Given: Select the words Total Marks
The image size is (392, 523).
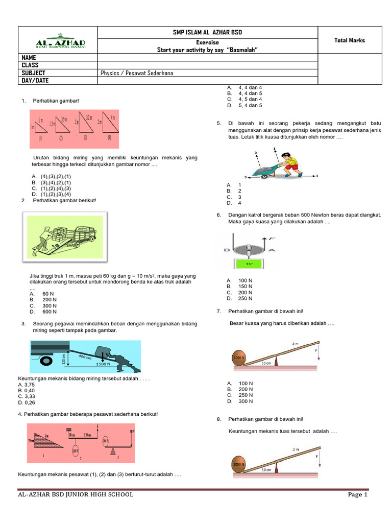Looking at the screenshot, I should point(350,40).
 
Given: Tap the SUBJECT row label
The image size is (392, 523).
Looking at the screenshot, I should point(33,73).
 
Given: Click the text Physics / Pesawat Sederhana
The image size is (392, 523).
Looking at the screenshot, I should point(137,73).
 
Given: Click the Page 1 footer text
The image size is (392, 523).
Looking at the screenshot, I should point(357,494).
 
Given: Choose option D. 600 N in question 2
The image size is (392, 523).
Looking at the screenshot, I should point(43,312).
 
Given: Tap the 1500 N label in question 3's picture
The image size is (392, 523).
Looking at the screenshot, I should point(103,364).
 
